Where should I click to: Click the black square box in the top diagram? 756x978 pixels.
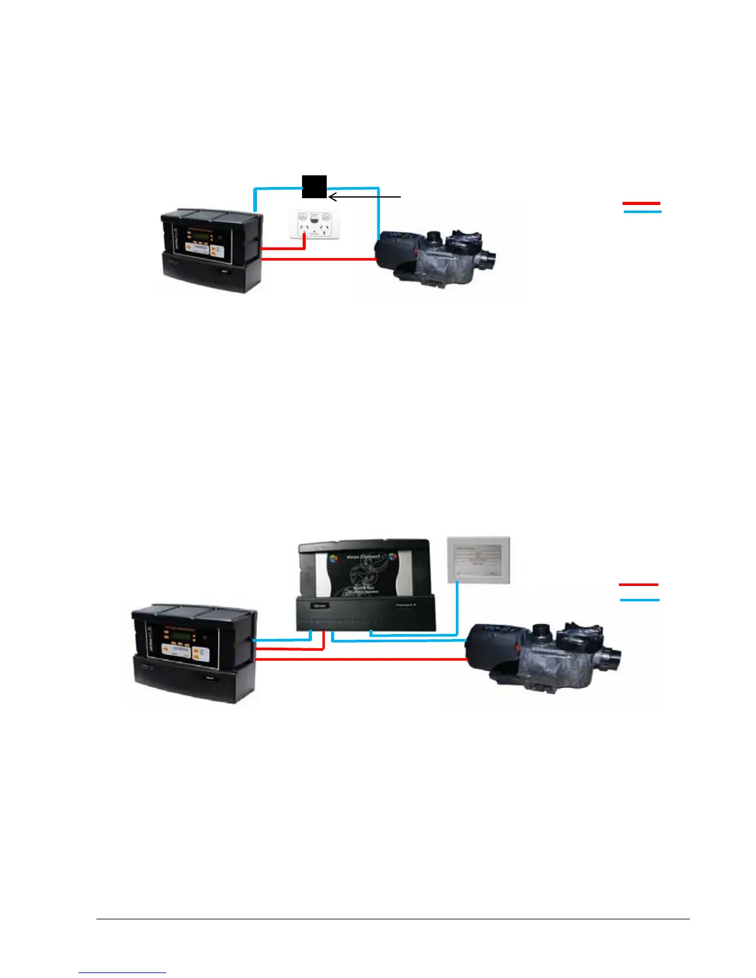[314, 186]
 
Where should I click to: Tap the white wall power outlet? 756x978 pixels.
[314, 224]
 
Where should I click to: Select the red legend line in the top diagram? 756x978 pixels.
[641, 203]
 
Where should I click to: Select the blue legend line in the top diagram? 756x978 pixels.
[642, 212]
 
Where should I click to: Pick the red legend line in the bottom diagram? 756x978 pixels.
[639, 584]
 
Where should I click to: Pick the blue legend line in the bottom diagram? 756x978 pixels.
[640, 600]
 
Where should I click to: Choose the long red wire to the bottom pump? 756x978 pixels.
[361, 660]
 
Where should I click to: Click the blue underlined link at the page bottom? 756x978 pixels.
[122, 972]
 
